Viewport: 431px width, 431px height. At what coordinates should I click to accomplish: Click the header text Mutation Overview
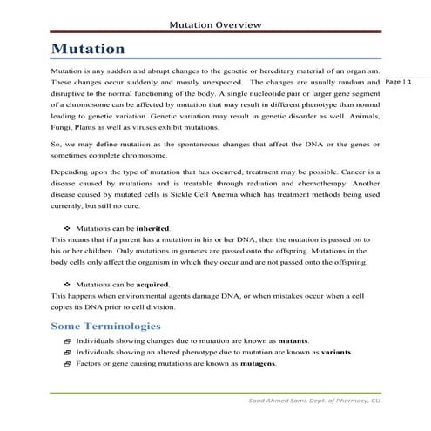[214, 24]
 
